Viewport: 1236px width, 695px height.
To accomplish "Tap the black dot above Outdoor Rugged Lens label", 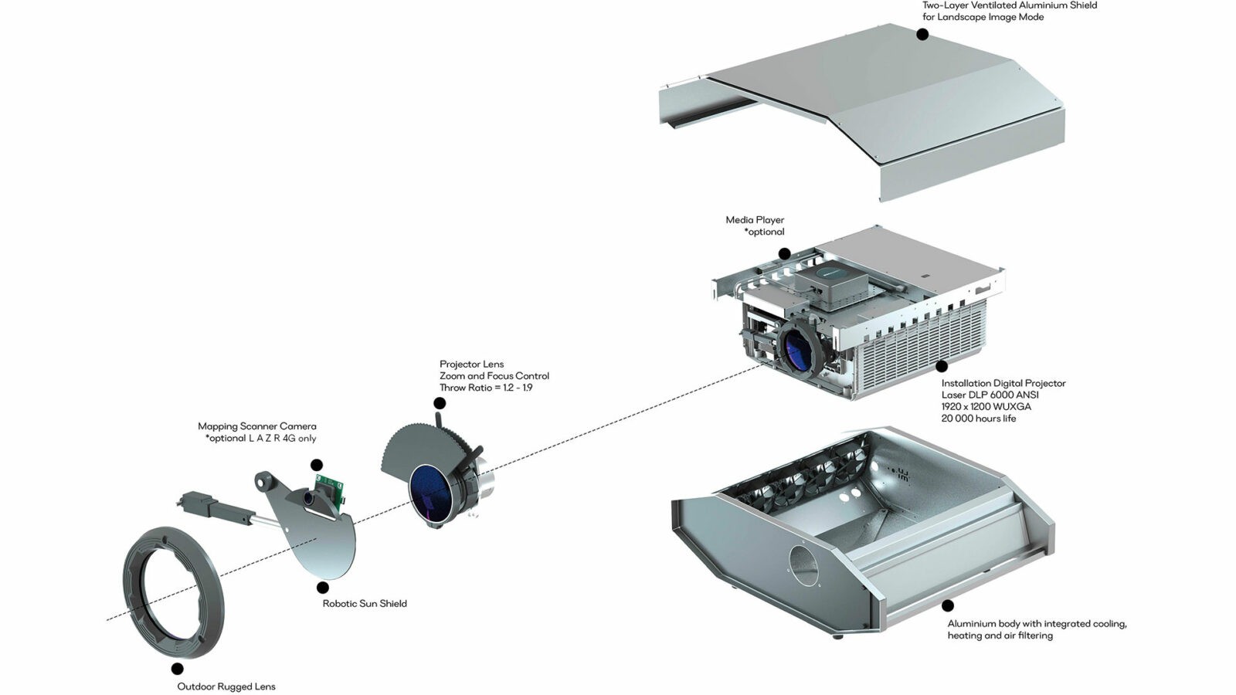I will (178, 669).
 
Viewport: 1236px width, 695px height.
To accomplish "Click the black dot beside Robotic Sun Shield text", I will (323, 588).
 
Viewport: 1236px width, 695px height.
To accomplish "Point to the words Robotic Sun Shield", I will (365, 604).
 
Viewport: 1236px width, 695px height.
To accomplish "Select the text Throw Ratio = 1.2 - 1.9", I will (485, 388).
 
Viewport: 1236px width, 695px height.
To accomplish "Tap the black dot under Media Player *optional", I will (784, 253).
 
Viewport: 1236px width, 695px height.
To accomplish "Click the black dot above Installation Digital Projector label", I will (941, 367).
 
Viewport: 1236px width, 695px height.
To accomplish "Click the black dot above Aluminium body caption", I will (948, 606).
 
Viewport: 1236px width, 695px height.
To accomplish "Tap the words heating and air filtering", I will (1000, 636).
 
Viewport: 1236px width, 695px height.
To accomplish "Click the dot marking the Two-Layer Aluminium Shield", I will (922, 34).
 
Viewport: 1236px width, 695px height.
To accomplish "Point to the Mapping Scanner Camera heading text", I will (256, 426).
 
